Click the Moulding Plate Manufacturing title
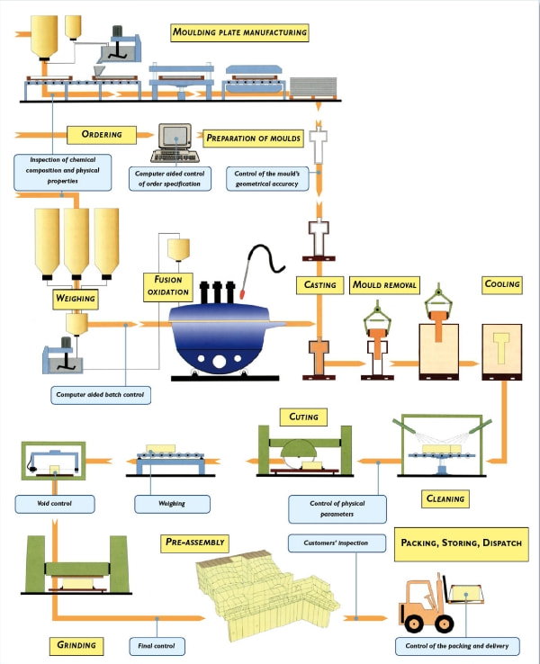point(239,33)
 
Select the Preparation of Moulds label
point(253,139)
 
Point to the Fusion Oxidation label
point(168,286)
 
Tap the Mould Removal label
point(384,285)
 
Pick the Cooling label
point(502,284)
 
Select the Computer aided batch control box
point(101,392)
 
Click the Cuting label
point(303,417)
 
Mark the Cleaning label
point(444,498)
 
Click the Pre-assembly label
point(194,543)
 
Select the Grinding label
point(76,645)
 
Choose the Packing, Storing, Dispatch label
point(461,543)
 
